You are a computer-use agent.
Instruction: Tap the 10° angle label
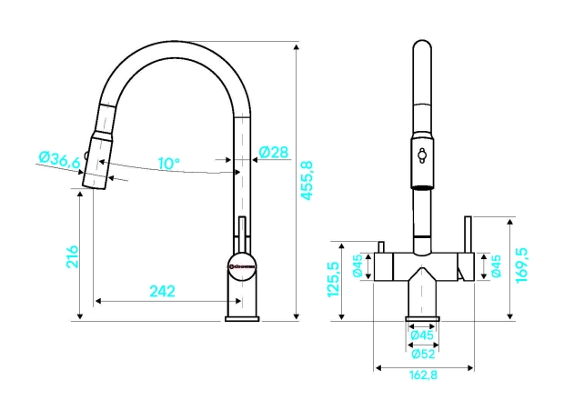(x=168, y=164)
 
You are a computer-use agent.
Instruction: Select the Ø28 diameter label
(x=274, y=153)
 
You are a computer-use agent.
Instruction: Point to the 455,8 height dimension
(x=307, y=180)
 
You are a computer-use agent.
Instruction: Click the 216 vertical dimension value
(x=73, y=257)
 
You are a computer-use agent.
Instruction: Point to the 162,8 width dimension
(x=423, y=376)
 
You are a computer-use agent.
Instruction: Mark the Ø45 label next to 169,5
(x=496, y=266)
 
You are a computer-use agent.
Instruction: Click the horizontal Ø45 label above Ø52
(x=422, y=335)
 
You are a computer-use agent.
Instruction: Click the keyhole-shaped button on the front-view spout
(x=422, y=155)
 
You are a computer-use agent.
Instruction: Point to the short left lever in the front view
(x=382, y=248)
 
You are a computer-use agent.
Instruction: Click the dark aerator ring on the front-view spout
(x=422, y=185)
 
